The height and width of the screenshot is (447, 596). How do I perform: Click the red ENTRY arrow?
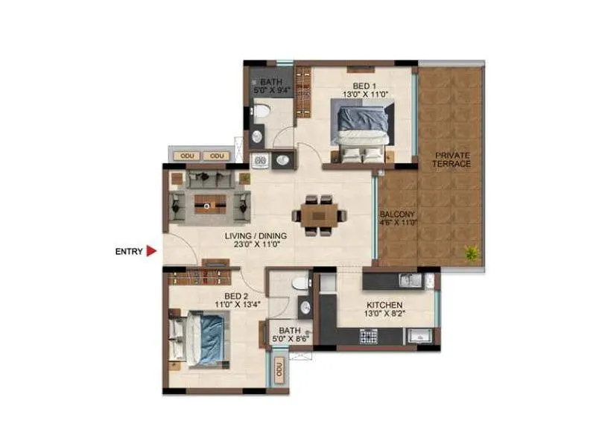click(151, 252)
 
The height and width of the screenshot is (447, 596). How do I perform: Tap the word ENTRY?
click(128, 252)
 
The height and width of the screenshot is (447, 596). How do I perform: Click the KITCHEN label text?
click(384, 305)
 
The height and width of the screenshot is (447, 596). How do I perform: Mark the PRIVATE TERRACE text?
click(453, 159)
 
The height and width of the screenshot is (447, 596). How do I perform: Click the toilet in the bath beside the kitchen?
click(300, 282)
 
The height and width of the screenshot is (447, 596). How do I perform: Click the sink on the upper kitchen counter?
click(408, 280)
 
